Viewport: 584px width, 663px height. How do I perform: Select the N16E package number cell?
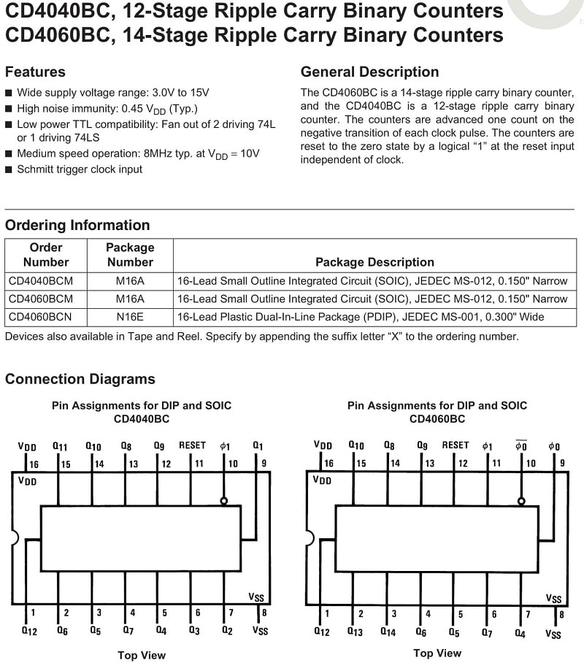tap(130, 318)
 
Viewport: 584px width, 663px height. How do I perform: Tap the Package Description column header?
tap(374, 262)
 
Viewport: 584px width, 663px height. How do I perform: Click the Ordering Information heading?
tap(77, 226)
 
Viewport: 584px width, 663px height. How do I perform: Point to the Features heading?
tap(35, 72)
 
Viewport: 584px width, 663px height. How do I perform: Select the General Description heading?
tap(370, 72)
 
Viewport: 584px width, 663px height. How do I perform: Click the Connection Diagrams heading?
tap(80, 380)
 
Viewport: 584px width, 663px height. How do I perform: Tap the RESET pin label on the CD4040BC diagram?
tap(193, 445)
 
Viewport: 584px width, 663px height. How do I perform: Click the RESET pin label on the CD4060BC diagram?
tap(456, 445)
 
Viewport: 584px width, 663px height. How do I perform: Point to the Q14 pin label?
tap(388, 632)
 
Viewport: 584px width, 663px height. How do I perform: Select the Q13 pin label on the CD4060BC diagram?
tap(355, 632)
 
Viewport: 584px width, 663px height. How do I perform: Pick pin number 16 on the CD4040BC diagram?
tap(34, 464)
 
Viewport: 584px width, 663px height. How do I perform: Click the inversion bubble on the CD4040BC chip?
tap(225, 501)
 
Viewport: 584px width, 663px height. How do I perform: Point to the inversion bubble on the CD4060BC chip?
tap(520, 501)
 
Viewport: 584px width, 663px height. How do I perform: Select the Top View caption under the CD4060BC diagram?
tap(437, 654)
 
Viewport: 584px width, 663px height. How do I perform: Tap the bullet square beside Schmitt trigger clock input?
tap(9, 169)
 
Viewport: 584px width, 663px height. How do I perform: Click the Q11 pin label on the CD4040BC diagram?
tap(60, 446)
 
